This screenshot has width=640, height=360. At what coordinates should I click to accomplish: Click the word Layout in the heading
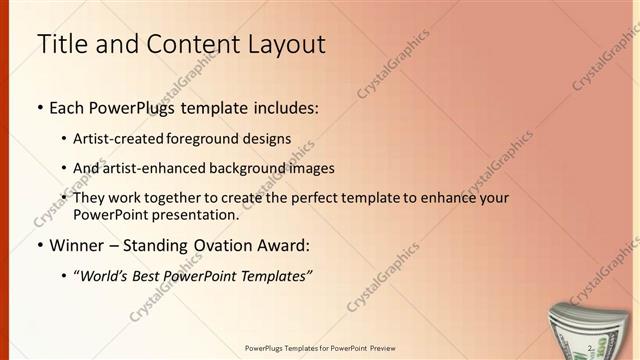point(282,45)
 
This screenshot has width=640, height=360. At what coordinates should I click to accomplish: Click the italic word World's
point(104,276)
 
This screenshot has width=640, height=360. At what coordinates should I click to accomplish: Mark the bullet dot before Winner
point(39,246)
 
